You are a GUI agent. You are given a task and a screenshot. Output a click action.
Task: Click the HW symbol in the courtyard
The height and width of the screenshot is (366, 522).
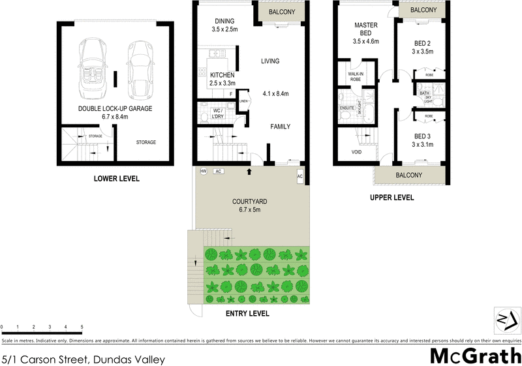pyautogui.click(x=204, y=172)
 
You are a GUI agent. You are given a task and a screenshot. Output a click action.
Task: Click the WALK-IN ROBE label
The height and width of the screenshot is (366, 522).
pyautogui.click(x=356, y=77)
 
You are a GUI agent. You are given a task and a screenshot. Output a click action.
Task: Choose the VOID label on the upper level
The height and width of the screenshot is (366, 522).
pyautogui.click(x=356, y=151)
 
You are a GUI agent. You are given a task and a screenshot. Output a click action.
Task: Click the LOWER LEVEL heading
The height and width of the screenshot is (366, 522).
pyautogui.click(x=117, y=179)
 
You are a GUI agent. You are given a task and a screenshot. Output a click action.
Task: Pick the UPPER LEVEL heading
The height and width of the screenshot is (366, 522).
pyautogui.click(x=392, y=197)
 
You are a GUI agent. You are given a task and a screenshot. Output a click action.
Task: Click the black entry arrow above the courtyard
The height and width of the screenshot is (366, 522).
pyautogui.click(x=249, y=172)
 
